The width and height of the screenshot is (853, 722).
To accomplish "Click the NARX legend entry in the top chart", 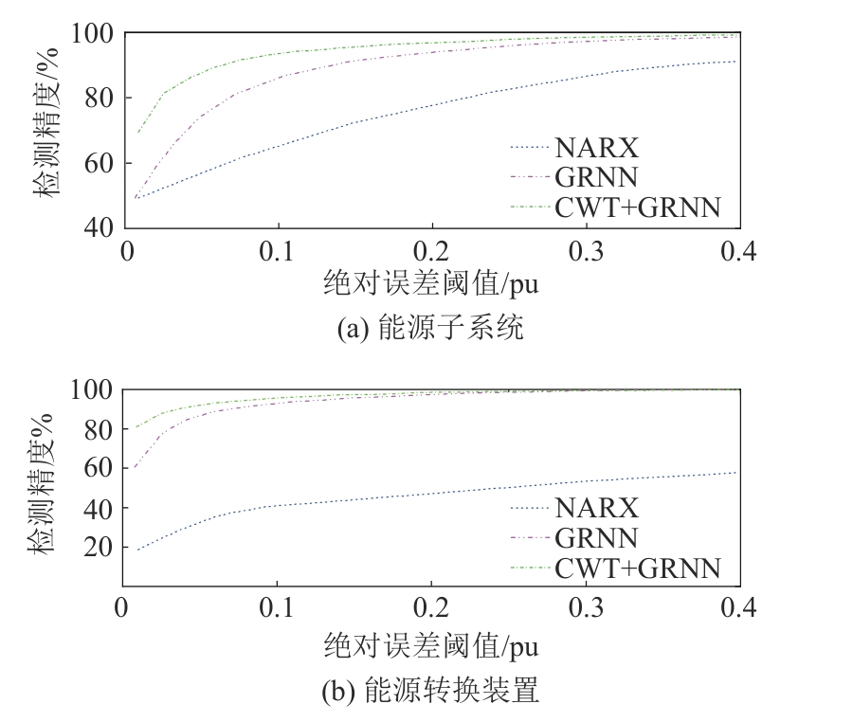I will tap(597, 149).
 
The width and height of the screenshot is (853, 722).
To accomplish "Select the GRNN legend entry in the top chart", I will tap(597, 177).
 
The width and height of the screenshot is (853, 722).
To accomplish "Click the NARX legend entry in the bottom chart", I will tap(597, 508).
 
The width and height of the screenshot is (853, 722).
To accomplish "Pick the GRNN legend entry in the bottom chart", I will tap(597, 538).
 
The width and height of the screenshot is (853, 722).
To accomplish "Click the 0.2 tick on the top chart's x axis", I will tap(432, 250).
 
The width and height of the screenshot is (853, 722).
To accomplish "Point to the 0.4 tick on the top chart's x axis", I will tap(738, 250).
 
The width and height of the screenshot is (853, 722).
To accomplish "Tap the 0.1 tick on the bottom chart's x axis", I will tap(278, 606).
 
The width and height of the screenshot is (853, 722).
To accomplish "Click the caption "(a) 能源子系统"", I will tap(431, 329).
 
